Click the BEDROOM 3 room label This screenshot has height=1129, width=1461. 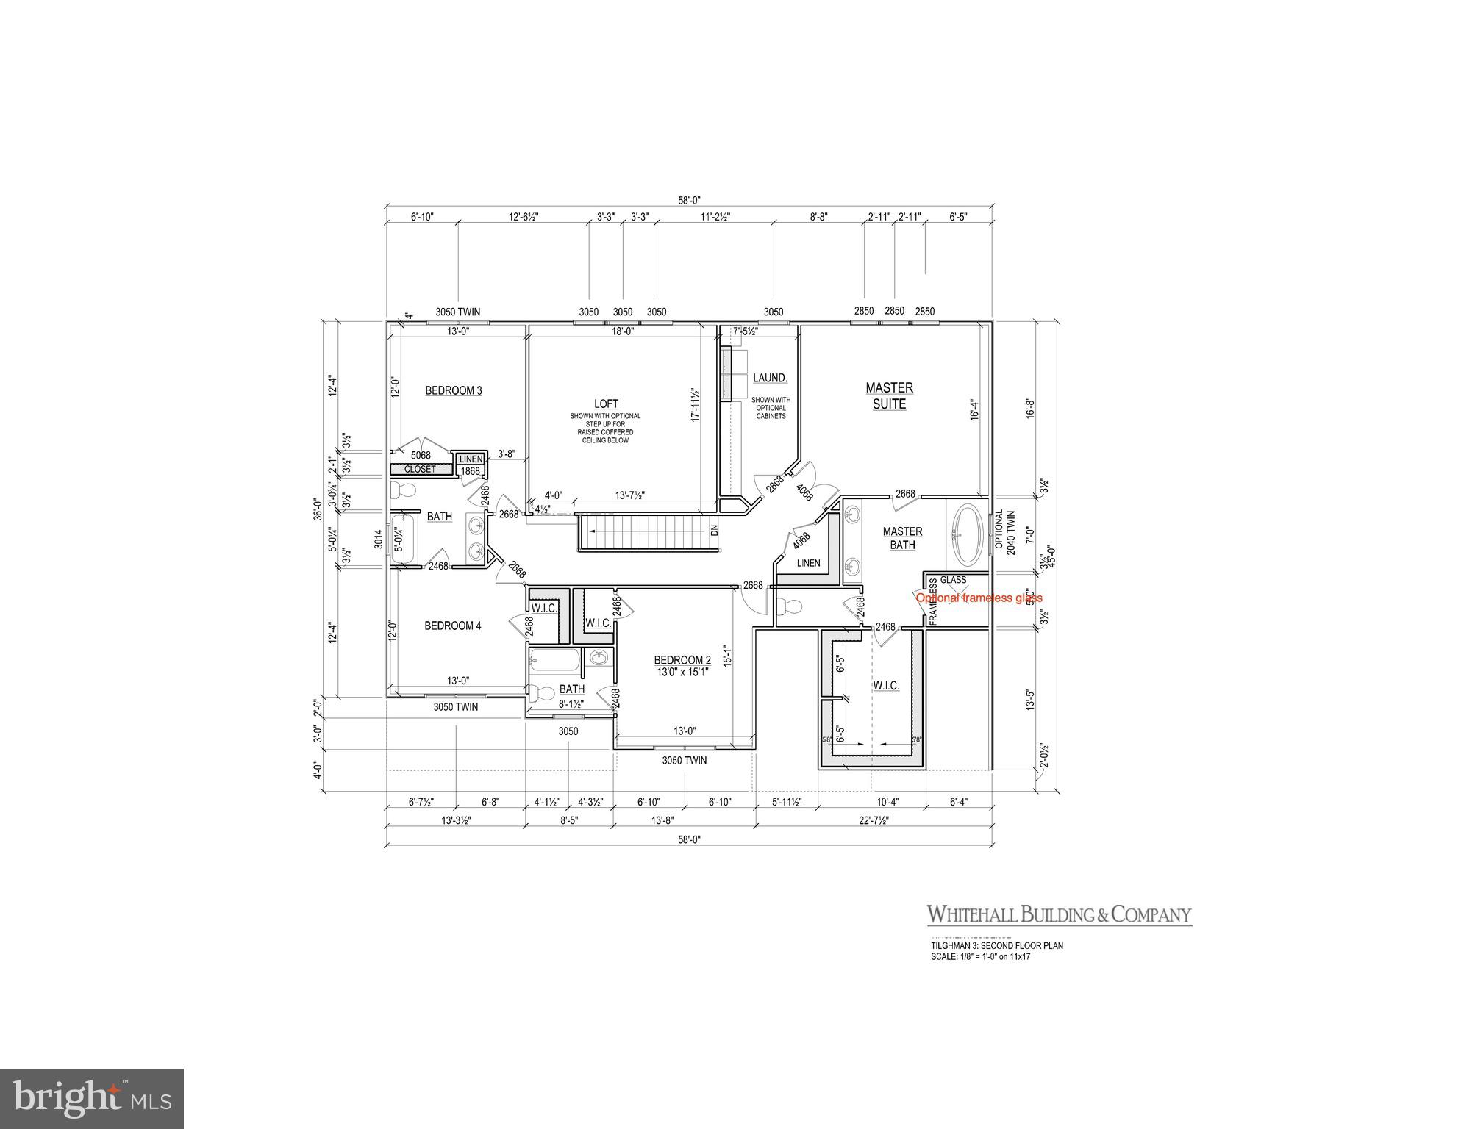(x=454, y=390)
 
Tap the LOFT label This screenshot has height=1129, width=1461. (x=606, y=404)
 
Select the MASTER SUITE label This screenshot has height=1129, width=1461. (x=889, y=395)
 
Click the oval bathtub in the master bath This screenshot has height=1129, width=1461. (x=967, y=534)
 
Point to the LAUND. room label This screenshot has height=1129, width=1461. (x=770, y=378)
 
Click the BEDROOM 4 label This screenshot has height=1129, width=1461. (x=453, y=626)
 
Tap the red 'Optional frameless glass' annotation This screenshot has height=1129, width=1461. (x=979, y=598)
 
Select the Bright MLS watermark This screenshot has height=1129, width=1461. (x=92, y=1098)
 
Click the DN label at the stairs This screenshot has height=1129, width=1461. (x=713, y=529)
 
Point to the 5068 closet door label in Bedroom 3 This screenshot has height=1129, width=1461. (x=421, y=455)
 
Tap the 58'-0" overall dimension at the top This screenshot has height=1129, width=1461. (x=689, y=199)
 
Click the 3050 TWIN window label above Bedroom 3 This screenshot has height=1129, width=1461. (x=457, y=312)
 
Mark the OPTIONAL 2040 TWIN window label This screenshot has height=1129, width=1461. (x=1004, y=533)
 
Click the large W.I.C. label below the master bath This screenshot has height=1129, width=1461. (x=885, y=685)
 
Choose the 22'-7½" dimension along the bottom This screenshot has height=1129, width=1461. (x=872, y=820)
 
